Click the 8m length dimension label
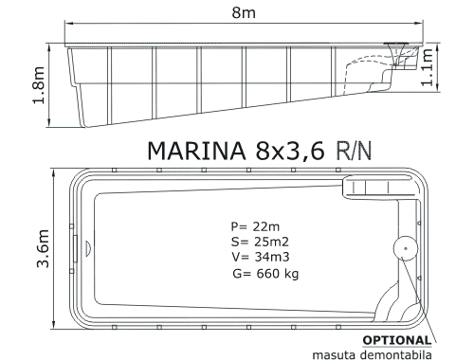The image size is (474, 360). (244, 12)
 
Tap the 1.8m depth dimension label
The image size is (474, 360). (39, 85)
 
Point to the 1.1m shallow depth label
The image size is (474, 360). (427, 67)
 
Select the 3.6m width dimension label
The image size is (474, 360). (43, 249)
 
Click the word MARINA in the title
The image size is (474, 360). (196, 151)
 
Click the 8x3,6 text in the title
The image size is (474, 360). (290, 151)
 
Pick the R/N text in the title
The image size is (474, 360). (354, 151)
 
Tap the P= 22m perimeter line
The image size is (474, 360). (255, 226)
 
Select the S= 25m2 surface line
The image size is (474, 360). (260, 242)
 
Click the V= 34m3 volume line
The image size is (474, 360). (261, 257)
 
